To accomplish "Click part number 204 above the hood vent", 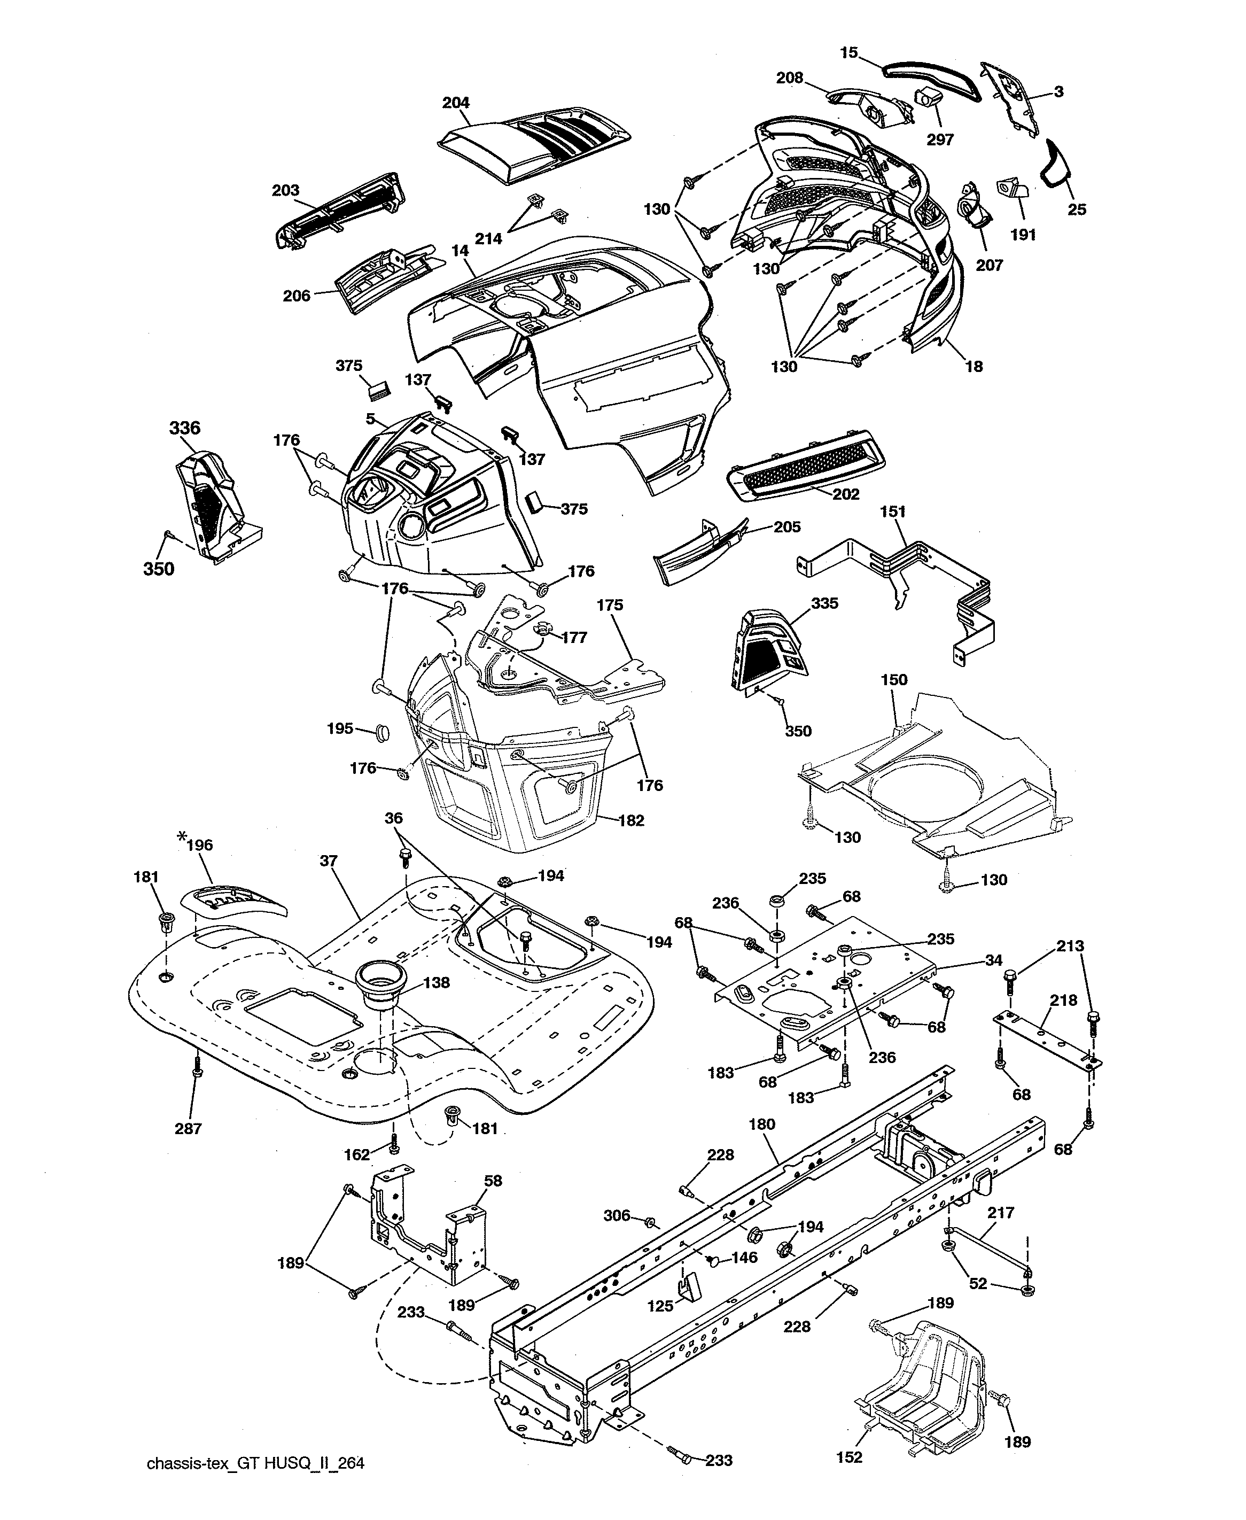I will [x=455, y=103].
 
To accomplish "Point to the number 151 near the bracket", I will [x=893, y=511].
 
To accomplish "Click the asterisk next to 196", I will [x=181, y=838].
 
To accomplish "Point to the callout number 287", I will [x=188, y=1128].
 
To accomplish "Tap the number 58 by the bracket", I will [x=493, y=1181].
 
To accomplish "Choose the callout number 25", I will [x=1077, y=210].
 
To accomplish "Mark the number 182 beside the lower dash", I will [x=631, y=821].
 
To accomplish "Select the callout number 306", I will [x=617, y=1215].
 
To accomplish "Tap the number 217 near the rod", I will [x=1001, y=1213].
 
